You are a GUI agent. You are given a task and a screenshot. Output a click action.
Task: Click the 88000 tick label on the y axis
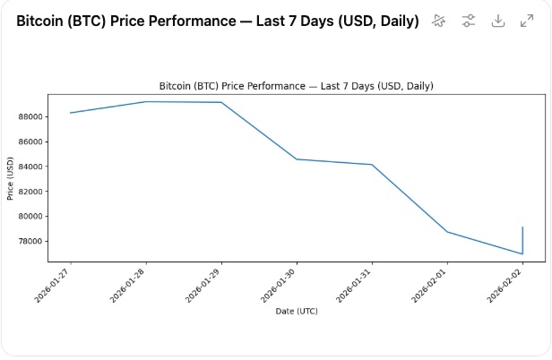click(30, 116)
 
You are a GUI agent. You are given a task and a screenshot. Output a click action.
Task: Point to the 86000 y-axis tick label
click(30, 141)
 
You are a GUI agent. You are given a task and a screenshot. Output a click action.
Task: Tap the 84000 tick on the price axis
click(30, 167)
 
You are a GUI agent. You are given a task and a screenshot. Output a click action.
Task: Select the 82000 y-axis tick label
click(30, 192)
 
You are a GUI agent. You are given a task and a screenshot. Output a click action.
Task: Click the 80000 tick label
click(30, 216)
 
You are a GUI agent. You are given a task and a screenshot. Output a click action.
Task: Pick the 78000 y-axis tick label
click(30, 241)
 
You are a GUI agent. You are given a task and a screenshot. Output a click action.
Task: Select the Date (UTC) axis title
click(296, 312)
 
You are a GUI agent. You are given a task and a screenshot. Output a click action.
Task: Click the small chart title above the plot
click(296, 86)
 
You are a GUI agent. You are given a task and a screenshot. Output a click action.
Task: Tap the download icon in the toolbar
click(497, 21)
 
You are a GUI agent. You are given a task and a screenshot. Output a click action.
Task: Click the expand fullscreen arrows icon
click(527, 21)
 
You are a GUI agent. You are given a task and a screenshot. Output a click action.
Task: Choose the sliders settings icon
click(468, 21)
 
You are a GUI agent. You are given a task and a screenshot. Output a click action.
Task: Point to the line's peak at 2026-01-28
click(146, 101)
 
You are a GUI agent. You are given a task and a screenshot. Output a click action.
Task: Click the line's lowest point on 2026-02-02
click(522, 253)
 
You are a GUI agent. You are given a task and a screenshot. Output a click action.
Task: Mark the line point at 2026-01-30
click(297, 159)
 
